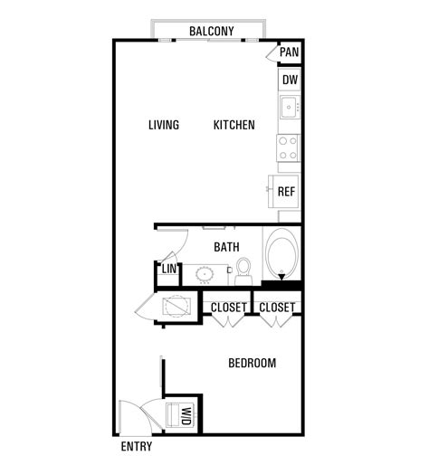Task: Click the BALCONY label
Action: coord(211,32)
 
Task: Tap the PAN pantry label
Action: coord(289,52)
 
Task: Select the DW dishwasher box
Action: coord(289,80)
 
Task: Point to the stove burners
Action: coord(288,147)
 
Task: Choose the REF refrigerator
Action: coord(286,191)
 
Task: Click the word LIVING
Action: coord(164,125)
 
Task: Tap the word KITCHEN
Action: coord(234,125)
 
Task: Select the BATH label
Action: coord(226,246)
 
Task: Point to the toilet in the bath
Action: coord(243,267)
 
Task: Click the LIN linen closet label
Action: coord(168,269)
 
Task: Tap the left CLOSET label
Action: coord(228,308)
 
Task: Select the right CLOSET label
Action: coord(276,308)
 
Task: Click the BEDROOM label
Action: coord(252,363)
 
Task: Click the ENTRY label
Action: coord(136,447)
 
